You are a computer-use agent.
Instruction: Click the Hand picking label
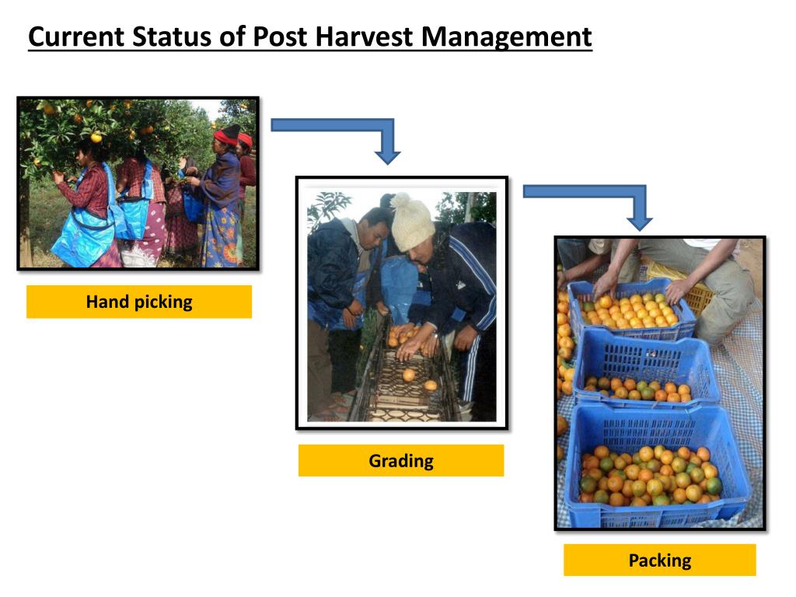(x=139, y=302)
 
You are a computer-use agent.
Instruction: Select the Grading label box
(x=401, y=461)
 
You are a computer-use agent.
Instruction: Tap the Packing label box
(x=659, y=560)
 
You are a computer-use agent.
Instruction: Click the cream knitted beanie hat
(x=411, y=225)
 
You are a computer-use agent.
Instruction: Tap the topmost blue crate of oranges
(x=631, y=309)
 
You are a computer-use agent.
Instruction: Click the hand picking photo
(x=138, y=183)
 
